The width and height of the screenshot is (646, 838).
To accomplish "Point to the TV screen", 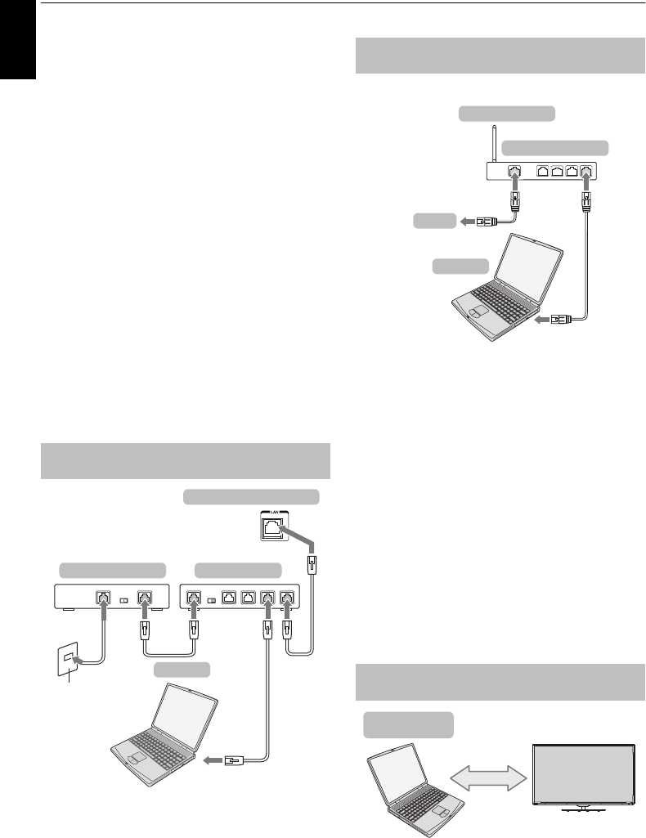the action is click(x=584, y=772).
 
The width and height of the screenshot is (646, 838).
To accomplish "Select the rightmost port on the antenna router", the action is click(x=586, y=173).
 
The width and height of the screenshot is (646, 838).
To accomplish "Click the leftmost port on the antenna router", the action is click(x=513, y=173).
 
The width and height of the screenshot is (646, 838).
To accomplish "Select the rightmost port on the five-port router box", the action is click(x=286, y=598).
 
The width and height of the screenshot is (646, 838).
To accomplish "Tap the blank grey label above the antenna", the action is click(x=507, y=113).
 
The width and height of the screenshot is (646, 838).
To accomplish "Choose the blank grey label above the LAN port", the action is click(x=250, y=496).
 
